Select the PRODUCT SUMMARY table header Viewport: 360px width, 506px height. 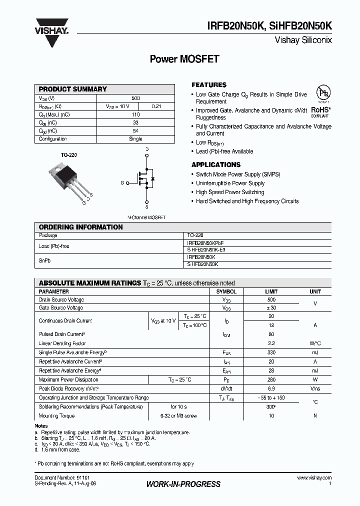click(73, 89)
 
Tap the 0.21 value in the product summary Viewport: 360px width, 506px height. click(156, 106)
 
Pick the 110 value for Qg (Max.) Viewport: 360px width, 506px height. click(135, 114)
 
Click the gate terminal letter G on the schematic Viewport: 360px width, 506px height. click(121, 182)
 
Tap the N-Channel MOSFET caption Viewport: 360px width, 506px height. click(146, 217)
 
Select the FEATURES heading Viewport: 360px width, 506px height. click(209, 85)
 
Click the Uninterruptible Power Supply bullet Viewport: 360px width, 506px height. click(230, 183)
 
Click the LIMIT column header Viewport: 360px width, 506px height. click(271, 291)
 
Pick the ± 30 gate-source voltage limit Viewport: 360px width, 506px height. click(271, 308)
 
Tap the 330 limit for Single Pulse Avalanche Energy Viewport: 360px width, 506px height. click(271, 352)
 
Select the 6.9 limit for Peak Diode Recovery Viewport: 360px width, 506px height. click(271, 388)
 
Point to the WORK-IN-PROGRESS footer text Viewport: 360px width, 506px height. click(183, 484)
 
